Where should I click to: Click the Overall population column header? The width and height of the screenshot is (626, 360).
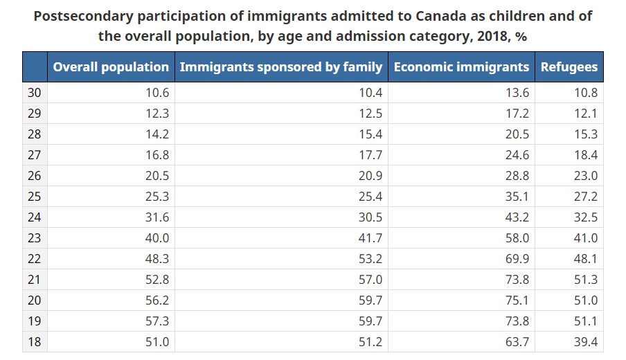pyautogui.click(x=111, y=67)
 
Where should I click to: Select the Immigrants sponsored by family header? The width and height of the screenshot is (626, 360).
pyautogui.click(x=280, y=67)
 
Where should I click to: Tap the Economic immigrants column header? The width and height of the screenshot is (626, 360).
pyautogui.click(x=461, y=67)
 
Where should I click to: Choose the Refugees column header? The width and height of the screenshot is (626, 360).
pyautogui.click(x=569, y=67)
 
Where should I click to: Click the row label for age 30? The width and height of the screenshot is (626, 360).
pyautogui.click(x=34, y=93)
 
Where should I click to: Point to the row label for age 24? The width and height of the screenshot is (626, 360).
pyautogui.click(x=34, y=217)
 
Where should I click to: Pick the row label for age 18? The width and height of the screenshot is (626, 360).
pyautogui.click(x=34, y=342)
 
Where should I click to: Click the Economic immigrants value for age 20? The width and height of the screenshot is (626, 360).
pyautogui.click(x=517, y=300)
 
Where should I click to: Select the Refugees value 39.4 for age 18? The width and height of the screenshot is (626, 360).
pyautogui.click(x=586, y=342)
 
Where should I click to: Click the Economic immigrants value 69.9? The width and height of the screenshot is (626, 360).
pyautogui.click(x=517, y=259)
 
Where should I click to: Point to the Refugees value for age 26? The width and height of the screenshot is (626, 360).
pyautogui.click(x=586, y=176)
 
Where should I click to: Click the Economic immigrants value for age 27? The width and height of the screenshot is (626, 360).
pyautogui.click(x=517, y=155)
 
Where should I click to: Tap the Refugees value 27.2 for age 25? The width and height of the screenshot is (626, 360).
pyautogui.click(x=586, y=197)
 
